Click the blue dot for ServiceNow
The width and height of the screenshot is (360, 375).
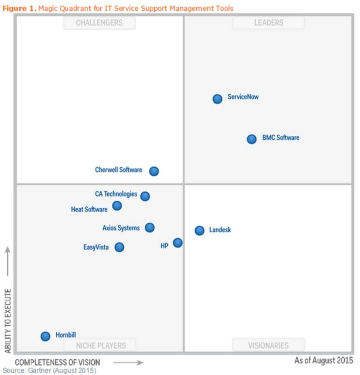[x=217, y=99]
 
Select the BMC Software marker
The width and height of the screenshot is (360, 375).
[x=252, y=139]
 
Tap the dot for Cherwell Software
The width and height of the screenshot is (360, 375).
[x=154, y=171]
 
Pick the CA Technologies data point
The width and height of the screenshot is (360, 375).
[x=145, y=196]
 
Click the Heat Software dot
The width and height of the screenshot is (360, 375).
[x=117, y=205]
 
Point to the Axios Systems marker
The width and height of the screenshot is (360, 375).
[x=150, y=228]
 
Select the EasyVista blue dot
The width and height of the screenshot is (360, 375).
[x=119, y=247]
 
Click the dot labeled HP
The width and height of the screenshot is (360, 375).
[x=178, y=243]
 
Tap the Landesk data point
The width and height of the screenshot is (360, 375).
[x=199, y=231]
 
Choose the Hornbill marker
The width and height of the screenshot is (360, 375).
[x=45, y=336]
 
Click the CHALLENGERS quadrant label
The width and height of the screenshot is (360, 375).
[x=99, y=23]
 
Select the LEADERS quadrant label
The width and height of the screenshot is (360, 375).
[x=268, y=23]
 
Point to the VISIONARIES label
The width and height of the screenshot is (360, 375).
[x=268, y=345]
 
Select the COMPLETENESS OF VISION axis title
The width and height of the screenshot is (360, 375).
[x=57, y=362]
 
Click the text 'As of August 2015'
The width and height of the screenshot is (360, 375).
[x=324, y=360]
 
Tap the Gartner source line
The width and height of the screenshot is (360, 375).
[x=49, y=371]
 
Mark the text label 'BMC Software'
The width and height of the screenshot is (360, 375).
[x=280, y=138]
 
